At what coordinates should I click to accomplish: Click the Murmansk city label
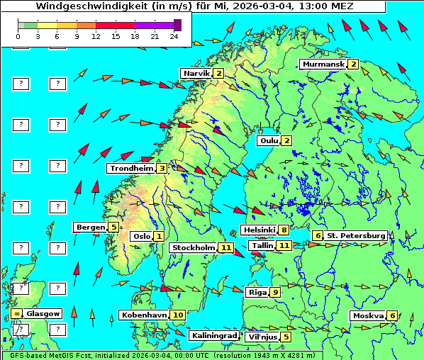323,64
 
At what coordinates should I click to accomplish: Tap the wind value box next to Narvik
218,73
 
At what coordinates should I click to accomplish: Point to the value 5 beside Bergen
113,227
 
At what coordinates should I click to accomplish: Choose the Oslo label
141,236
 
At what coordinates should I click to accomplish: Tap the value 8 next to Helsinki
284,230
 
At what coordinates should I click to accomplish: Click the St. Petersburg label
356,235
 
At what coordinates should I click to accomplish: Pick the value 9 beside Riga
275,292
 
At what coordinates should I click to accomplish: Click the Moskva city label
368,315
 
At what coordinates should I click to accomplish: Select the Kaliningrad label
213,335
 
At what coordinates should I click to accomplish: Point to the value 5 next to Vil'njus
285,337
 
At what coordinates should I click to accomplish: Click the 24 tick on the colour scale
174,35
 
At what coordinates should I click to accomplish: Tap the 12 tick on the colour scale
96,35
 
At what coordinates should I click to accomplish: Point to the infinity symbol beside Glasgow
16,313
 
